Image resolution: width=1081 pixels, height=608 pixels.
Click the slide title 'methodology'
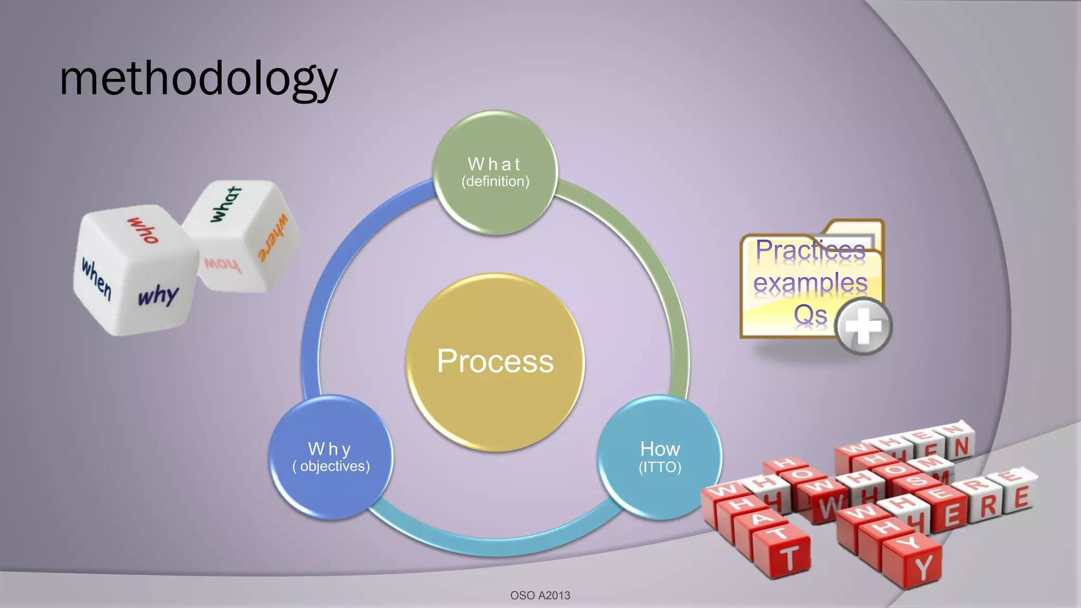(198, 79)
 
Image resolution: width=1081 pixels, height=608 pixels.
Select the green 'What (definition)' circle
(495, 173)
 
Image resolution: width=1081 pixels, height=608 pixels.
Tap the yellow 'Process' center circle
(495, 362)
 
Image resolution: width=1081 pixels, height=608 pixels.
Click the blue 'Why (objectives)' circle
(331, 457)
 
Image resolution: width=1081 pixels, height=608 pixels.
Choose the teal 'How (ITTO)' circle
(660, 457)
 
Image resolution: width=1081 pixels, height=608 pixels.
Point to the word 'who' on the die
(143, 230)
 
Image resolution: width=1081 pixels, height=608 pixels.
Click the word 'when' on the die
(97, 278)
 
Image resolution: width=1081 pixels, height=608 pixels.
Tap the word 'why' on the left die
(158, 296)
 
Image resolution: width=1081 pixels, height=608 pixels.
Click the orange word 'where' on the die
(273, 238)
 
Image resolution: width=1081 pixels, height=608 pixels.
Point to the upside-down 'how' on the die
(222, 264)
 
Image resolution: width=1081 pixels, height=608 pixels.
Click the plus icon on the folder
(863, 326)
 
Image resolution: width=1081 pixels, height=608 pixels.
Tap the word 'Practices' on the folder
(810, 250)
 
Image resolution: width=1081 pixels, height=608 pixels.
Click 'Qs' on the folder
(810, 315)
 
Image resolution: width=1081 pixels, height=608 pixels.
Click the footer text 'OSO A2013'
(540, 595)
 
